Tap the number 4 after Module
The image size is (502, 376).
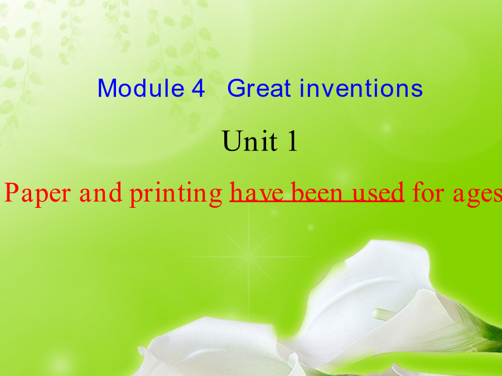click(x=198, y=88)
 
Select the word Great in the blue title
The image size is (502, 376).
click(x=259, y=88)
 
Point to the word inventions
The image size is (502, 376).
click(x=361, y=88)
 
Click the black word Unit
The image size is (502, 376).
click(x=250, y=141)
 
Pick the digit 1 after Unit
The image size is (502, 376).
click(x=293, y=141)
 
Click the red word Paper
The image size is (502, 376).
click(x=37, y=193)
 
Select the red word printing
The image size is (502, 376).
click(x=176, y=194)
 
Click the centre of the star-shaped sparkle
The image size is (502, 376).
click(x=249, y=256)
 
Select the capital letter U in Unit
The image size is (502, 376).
click(x=233, y=141)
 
